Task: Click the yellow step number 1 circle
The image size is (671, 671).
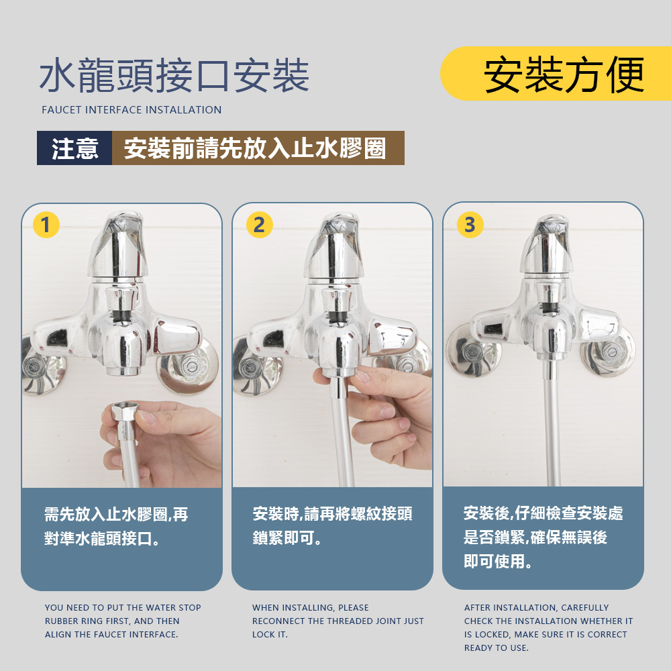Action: tap(46, 225)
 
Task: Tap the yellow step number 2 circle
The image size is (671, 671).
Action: tap(259, 225)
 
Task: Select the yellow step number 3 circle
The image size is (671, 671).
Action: tap(470, 225)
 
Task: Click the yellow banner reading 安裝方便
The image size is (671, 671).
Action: tap(556, 74)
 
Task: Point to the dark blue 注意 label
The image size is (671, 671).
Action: tap(74, 148)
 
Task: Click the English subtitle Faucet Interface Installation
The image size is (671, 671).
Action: tap(132, 110)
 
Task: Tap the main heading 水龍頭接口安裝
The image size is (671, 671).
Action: tap(174, 76)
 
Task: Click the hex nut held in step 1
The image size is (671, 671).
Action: tap(123, 413)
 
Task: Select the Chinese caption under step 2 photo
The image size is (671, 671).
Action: tap(332, 525)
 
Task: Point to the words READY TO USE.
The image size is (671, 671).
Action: tap(496, 648)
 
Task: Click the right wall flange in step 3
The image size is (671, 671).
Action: tap(608, 352)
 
